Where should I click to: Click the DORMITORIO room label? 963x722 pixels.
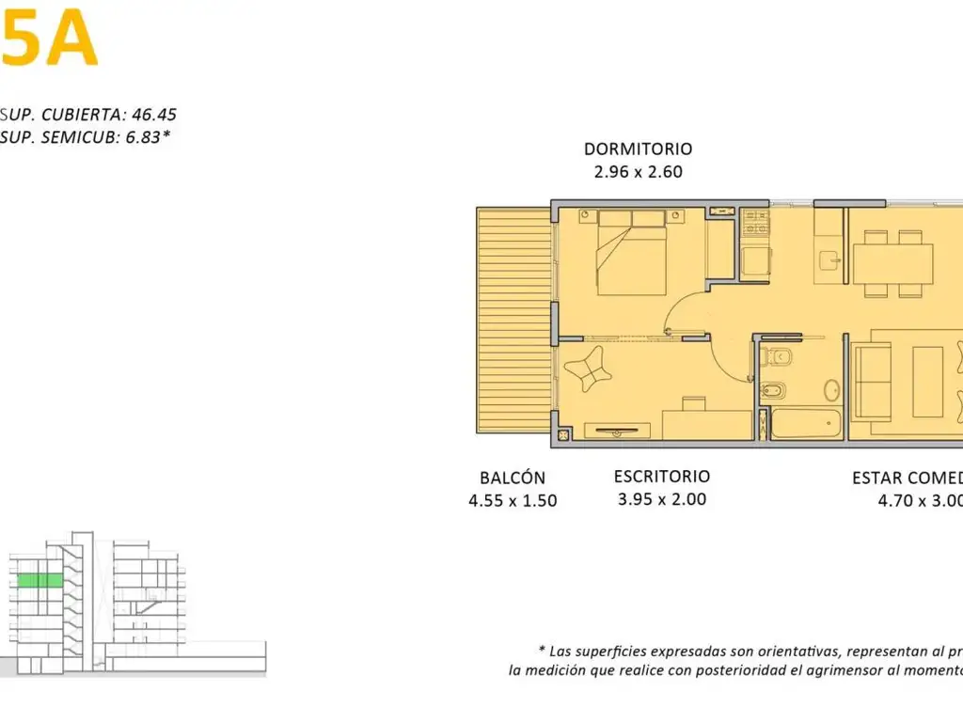[638, 149]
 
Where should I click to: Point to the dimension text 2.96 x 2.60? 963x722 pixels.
[638, 172]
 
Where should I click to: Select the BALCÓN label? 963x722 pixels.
[512, 478]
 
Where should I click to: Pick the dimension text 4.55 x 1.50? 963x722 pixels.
[513, 501]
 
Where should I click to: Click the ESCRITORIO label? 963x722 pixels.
[661, 477]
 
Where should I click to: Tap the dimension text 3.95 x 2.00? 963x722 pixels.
[661, 499]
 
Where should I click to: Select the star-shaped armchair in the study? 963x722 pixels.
[589, 372]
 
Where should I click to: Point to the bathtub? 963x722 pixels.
[806, 424]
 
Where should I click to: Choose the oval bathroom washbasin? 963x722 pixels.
[831, 390]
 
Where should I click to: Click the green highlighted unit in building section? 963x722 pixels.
[39, 581]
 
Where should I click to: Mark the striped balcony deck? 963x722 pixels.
[513, 320]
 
